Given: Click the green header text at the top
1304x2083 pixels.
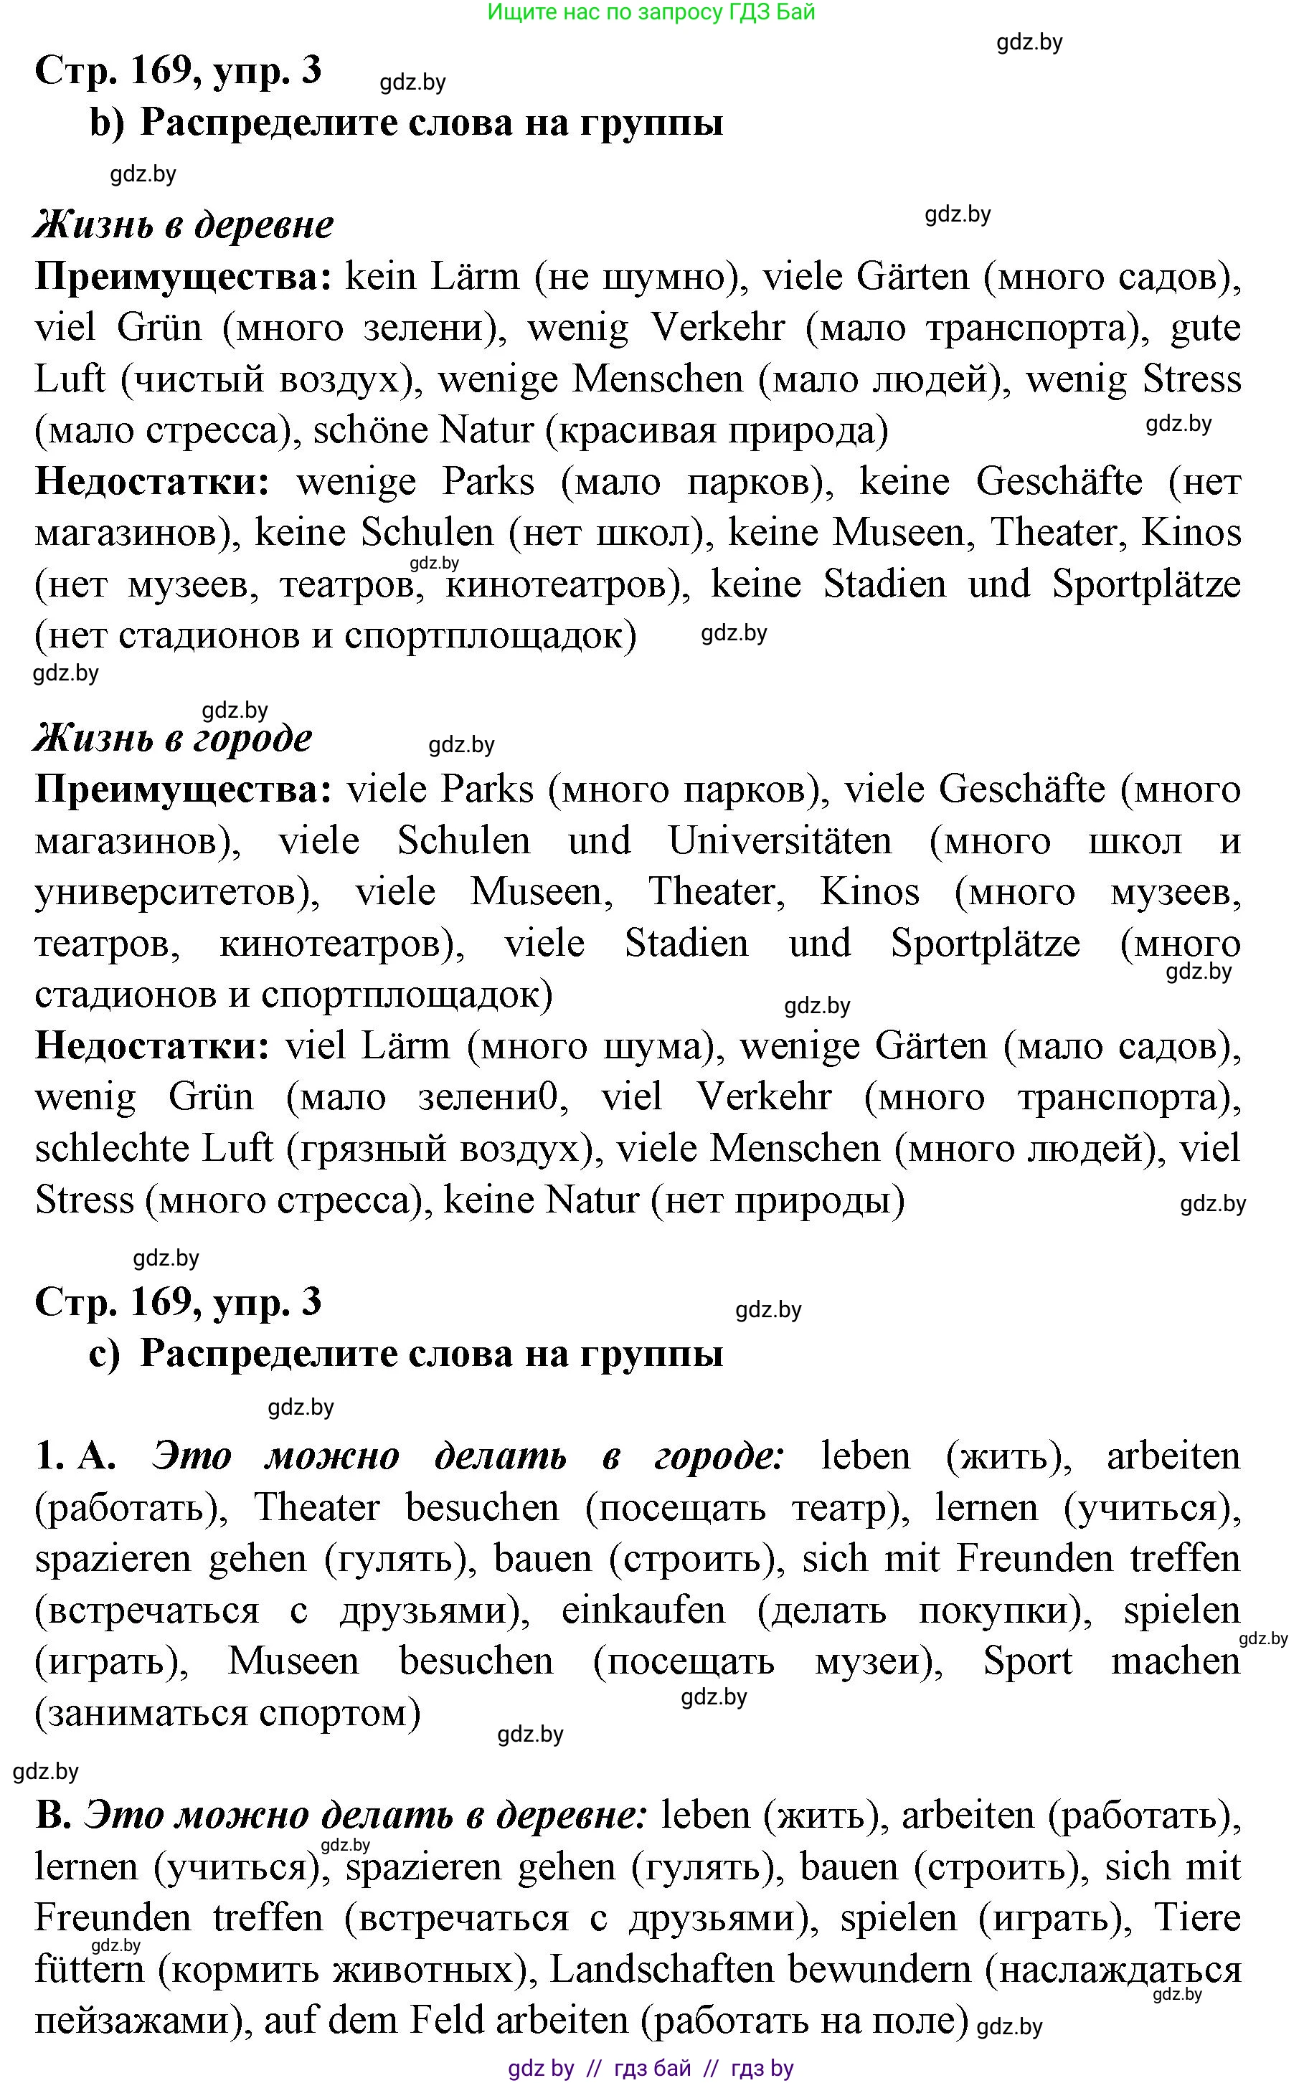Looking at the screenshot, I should pos(651,12).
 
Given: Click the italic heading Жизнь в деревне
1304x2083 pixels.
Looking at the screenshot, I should pos(184,225).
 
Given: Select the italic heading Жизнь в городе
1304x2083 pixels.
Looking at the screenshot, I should pos(172,738).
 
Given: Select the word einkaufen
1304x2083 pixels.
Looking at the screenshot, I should pos(643,1610).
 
